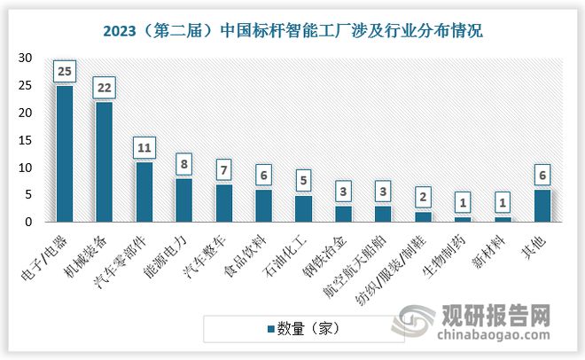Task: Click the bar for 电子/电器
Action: point(65,153)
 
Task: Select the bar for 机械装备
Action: point(105,161)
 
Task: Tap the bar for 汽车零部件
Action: point(144,192)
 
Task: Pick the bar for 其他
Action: point(543,205)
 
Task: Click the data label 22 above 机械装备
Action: point(105,89)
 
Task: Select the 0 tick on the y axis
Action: point(28,222)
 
